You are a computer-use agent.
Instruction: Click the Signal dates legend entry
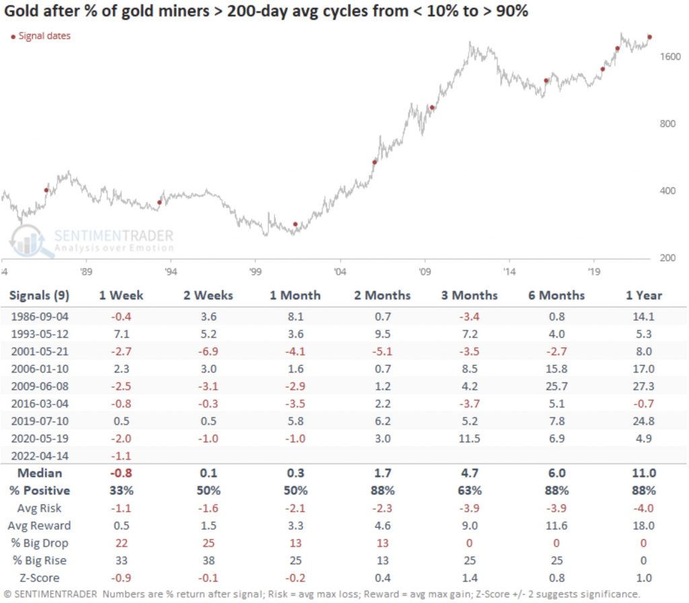pyautogui.click(x=41, y=36)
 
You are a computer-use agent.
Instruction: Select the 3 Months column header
pyautogui.click(x=469, y=295)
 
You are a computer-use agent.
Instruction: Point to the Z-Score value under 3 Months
pyautogui.click(x=469, y=578)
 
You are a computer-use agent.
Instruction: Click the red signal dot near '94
pyautogui.click(x=159, y=202)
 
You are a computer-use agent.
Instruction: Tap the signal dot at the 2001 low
pyautogui.click(x=295, y=224)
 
